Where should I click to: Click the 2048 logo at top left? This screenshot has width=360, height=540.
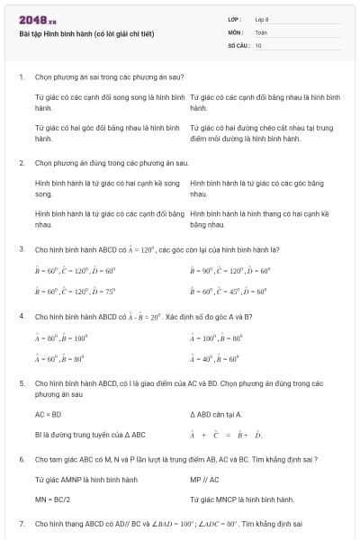pos(37,19)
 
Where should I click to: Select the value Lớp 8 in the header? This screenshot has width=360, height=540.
pos(262,19)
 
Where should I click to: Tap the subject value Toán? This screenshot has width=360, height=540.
pos(261,31)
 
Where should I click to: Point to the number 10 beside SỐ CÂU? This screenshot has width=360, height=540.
pos(258,44)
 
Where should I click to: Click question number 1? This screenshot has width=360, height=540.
pos(21,77)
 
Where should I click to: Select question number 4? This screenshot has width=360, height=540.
pos(21,317)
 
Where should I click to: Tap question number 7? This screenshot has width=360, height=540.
pos(21,523)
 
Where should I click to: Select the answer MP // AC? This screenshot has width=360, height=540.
pos(204,480)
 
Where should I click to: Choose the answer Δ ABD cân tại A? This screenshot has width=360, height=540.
pos(217,414)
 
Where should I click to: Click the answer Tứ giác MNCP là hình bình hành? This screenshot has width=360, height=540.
pos(242,499)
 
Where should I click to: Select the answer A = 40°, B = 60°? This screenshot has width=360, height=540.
pos(215,358)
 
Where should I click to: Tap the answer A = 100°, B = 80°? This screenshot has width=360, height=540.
pos(217,338)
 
